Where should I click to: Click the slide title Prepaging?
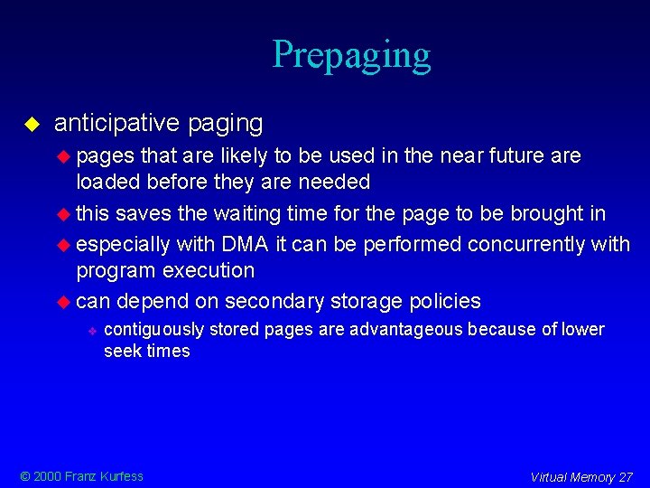pyautogui.click(x=351, y=55)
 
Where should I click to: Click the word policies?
pyautogui.click(x=441, y=301)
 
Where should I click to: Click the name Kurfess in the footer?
pyautogui.click(x=122, y=476)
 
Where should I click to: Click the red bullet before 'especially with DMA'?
pyautogui.click(x=63, y=244)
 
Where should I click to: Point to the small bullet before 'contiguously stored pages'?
pyautogui.click(x=92, y=330)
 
